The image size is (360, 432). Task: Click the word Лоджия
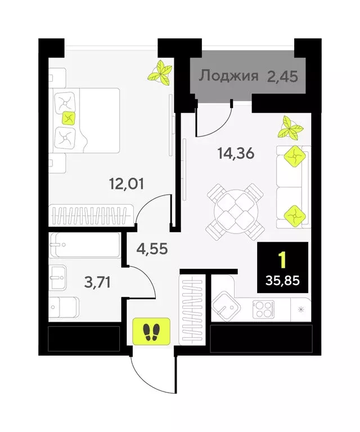click(x=228, y=76)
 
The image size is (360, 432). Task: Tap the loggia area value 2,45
click(x=282, y=76)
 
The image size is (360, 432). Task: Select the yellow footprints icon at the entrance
click(x=150, y=331)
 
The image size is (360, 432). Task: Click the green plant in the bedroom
click(x=160, y=73)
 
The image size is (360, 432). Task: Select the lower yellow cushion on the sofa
click(x=293, y=214)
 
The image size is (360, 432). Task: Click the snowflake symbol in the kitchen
click(x=299, y=308)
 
